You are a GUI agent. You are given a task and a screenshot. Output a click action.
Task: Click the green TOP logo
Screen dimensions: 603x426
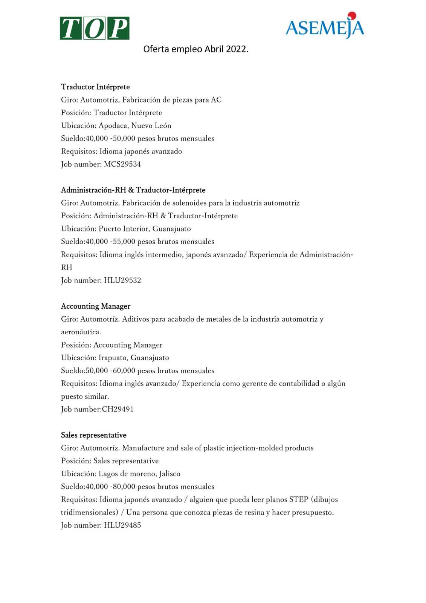95,28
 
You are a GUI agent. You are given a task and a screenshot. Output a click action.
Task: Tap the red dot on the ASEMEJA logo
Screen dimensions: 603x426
352,15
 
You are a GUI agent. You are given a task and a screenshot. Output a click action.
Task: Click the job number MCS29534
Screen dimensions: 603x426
122,164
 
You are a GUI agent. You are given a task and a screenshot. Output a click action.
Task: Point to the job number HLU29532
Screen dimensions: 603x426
122,280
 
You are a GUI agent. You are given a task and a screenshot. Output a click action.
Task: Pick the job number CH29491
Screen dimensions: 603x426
118,409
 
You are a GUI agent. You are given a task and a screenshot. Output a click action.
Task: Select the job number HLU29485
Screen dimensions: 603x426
122,525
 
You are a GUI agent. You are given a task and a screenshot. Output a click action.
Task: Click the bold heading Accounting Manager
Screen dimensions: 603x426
96,306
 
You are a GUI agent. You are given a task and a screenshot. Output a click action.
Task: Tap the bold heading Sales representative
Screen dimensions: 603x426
94,435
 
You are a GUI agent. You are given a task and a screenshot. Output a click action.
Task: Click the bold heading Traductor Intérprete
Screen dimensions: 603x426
95,87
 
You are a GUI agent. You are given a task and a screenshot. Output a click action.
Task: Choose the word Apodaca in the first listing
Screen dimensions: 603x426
113,126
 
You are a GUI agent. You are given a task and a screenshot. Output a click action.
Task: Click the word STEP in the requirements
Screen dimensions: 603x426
299,500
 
